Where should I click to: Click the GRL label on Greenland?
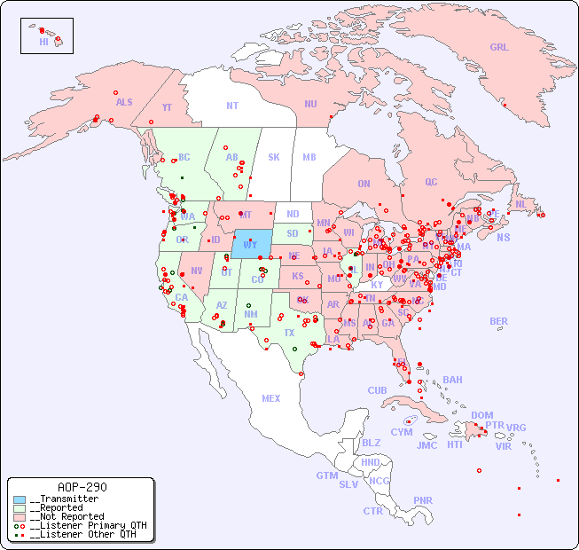point(499,48)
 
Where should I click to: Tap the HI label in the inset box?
point(43,42)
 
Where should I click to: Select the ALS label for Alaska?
point(124,102)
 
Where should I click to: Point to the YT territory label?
point(167,107)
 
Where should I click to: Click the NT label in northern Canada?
point(232,106)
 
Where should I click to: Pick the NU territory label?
point(310,104)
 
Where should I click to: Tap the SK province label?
point(274,158)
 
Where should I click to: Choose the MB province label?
point(309,158)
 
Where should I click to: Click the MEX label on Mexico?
point(271,398)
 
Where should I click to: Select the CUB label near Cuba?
point(377,390)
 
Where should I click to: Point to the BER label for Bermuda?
point(498,321)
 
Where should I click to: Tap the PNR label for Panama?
point(423,500)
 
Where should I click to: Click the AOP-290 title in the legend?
point(82,488)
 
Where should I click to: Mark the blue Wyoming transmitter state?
point(253,242)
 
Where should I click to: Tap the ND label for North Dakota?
point(293,214)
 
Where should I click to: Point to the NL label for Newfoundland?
point(521,204)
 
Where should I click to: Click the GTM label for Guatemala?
point(327,475)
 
